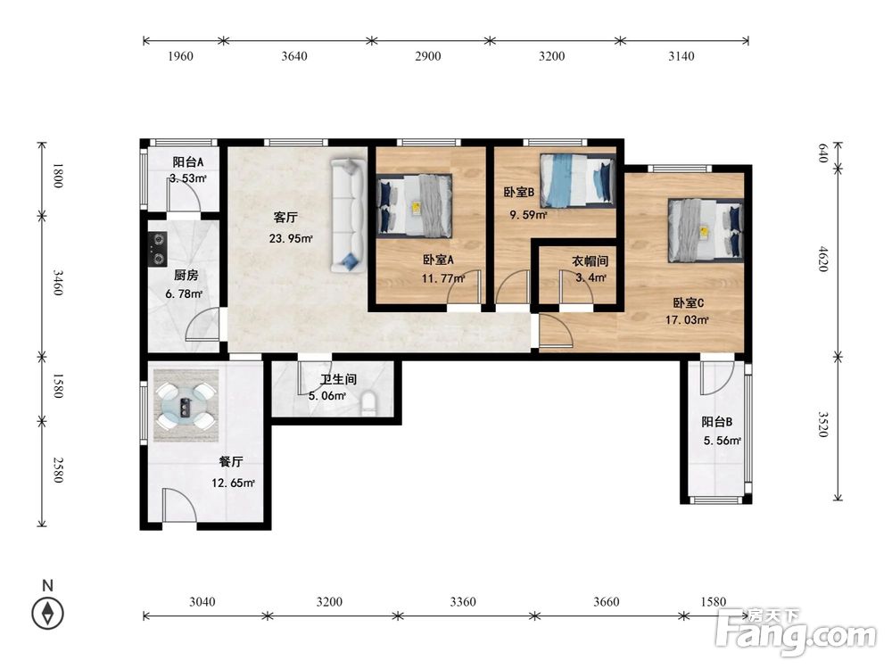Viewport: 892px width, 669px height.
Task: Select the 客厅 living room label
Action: pos(285,218)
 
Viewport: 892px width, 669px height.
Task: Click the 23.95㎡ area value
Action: pos(291,238)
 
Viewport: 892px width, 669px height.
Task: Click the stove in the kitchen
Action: pos(158,249)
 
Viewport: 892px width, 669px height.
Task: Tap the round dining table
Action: pos(186,406)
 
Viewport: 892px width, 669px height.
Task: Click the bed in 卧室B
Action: pos(578,180)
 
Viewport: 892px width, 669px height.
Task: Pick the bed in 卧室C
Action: pos(706,230)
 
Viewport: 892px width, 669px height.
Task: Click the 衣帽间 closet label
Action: pos(590,261)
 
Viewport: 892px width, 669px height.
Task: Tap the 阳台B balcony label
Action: pos(717,422)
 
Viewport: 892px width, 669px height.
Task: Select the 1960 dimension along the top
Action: pos(180,55)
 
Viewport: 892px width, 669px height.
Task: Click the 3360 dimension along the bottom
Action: pos(462,601)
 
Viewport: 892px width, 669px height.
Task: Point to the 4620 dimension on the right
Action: pos(823,259)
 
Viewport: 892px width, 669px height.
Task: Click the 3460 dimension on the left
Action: pos(58,282)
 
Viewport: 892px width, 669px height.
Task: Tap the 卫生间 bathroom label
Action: pos(338,379)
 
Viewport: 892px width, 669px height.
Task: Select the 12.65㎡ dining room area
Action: pos(233,483)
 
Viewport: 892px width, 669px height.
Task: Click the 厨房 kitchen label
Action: pos(186,276)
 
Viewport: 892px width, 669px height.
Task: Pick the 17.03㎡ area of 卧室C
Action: pos(687,319)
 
